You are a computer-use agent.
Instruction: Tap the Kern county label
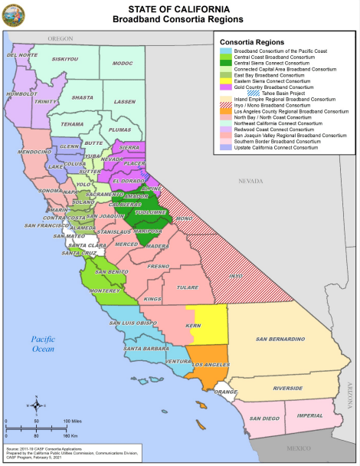194,327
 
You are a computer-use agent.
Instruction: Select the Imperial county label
309,415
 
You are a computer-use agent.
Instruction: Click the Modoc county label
123,63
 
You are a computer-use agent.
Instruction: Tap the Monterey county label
105,292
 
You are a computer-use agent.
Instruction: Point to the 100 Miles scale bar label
74,422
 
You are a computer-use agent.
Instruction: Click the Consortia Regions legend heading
252,41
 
